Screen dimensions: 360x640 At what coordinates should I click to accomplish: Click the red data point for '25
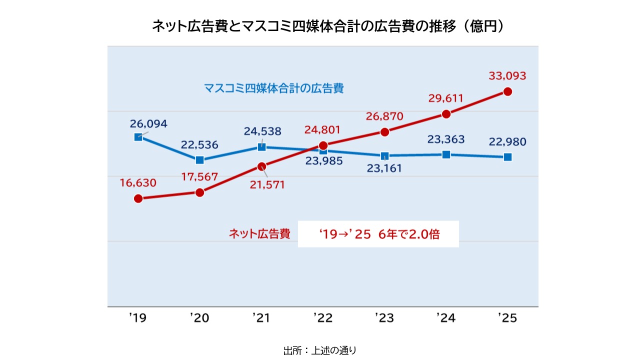[x=507, y=91]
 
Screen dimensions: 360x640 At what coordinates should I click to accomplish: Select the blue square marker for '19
[x=138, y=137]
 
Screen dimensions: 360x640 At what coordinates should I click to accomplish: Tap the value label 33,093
[x=507, y=76]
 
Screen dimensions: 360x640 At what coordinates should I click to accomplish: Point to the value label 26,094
[x=148, y=123]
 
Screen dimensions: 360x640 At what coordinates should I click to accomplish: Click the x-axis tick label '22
[x=323, y=318]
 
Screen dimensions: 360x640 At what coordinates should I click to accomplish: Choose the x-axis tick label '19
[x=137, y=318]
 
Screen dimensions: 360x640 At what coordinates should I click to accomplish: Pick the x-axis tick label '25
[x=507, y=318]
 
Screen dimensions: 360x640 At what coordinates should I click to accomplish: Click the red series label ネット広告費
[x=259, y=234]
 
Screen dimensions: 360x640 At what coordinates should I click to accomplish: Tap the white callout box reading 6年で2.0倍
[x=378, y=234]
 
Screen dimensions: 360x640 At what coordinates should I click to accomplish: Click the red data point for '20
[x=199, y=192]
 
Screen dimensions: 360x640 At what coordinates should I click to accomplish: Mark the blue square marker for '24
[x=446, y=154]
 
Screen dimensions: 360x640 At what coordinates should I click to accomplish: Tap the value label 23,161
[x=384, y=168]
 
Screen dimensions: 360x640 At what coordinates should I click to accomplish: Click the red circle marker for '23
[x=384, y=132]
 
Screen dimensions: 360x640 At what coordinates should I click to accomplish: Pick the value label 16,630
[x=138, y=182]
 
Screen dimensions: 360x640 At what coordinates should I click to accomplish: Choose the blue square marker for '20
[x=199, y=160]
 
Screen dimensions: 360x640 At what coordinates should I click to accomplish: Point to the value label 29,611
[x=446, y=98]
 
